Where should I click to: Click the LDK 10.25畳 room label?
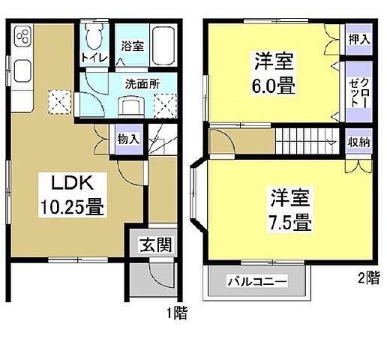(x=71, y=196)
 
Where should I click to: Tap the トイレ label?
(x=93, y=55)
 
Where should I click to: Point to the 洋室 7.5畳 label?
(x=289, y=211)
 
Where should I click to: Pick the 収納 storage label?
(x=359, y=140)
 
